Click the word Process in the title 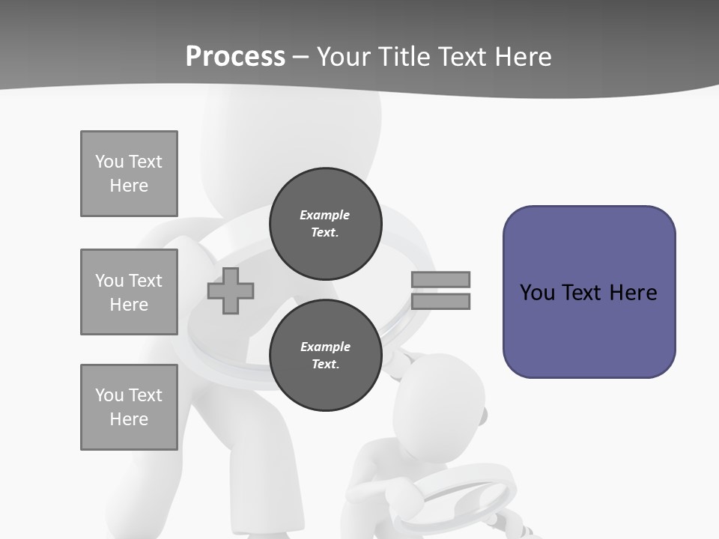click(235, 57)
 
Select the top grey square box click(129, 174)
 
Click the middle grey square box click(129, 292)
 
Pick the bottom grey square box click(129, 407)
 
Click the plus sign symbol click(231, 290)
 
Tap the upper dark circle click(325, 224)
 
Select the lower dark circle click(325, 356)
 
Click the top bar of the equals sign click(440, 279)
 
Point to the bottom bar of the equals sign click(440, 302)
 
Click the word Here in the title click(525, 57)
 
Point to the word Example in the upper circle click(325, 215)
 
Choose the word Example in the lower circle click(325, 347)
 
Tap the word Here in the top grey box click(129, 186)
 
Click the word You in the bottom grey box click(109, 395)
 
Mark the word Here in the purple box click(633, 293)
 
